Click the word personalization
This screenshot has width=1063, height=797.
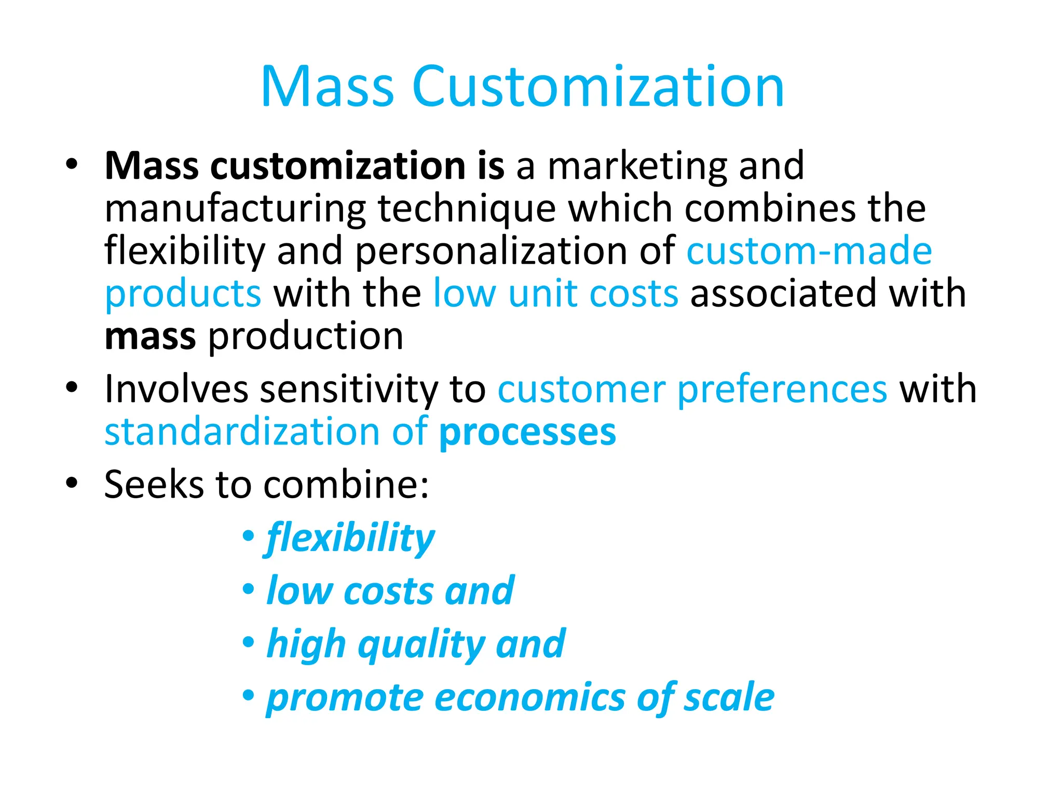[490, 252]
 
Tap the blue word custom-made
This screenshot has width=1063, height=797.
[809, 252]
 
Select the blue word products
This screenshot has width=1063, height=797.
[183, 294]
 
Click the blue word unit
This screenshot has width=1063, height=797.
[543, 294]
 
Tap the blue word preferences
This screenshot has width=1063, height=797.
[782, 389]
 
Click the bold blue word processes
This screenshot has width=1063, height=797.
[527, 432]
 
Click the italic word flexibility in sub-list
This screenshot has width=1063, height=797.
[350, 538]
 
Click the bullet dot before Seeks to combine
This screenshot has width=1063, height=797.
[72, 484]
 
